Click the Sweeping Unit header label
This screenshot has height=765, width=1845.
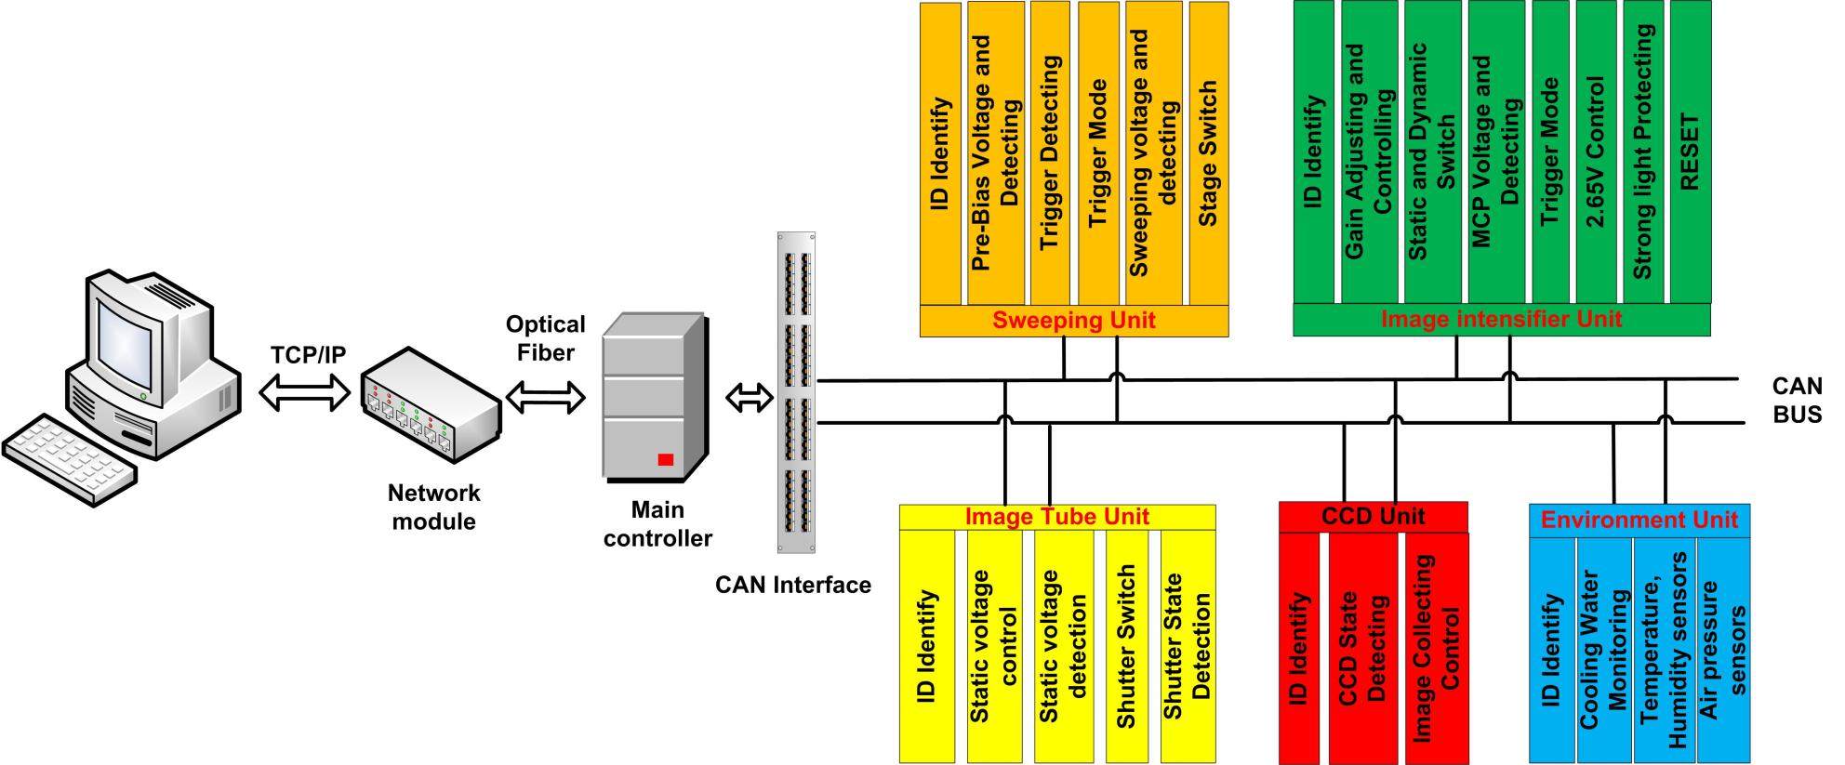[1073, 321]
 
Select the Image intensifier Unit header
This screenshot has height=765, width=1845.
[1501, 320]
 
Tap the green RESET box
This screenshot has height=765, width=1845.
[1690, 152]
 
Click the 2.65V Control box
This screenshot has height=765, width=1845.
[1596, 152]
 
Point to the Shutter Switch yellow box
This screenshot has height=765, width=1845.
[1126, 646]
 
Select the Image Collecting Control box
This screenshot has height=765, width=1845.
[1436, 648]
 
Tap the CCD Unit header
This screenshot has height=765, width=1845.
[1373, 517]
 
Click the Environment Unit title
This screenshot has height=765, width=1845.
[1639, 520]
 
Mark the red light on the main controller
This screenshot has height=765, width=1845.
[665, 459]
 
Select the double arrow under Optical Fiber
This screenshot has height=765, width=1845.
[545, 399]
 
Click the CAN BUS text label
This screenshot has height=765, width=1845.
[1796, 400]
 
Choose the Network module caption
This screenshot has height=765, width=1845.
[433, 507]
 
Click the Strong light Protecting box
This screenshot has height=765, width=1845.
[1642, 152]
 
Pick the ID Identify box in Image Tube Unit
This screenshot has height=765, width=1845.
[926, 646]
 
